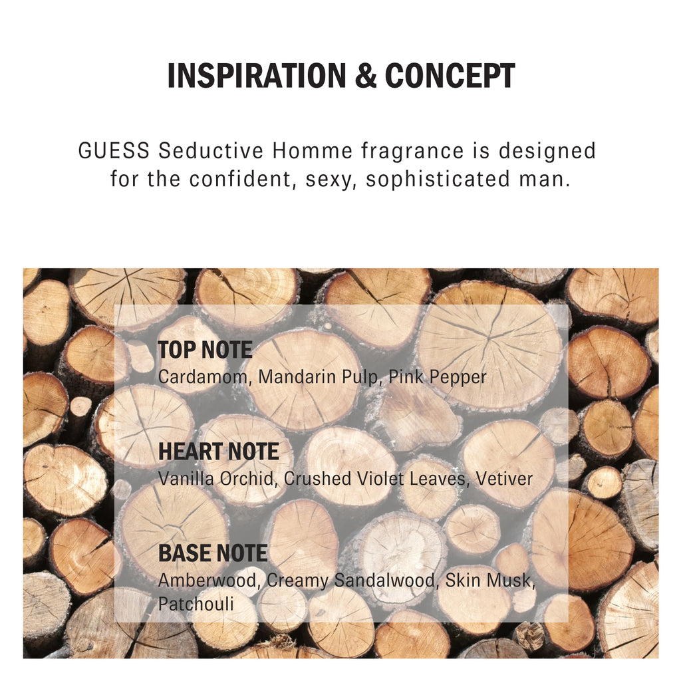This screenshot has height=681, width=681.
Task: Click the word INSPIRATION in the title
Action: [256, 76]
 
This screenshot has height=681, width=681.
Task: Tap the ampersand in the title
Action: [366, 76]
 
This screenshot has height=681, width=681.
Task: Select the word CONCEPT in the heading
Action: [450, 76]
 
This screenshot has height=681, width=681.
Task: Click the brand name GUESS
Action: [114, 151]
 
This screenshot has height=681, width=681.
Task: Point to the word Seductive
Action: [211, 151]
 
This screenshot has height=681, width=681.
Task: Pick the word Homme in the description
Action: [313, 151]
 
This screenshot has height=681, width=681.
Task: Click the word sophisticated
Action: [438, 180]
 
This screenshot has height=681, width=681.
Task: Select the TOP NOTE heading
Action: [205, 350]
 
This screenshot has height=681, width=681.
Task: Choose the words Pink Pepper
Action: [438, 378]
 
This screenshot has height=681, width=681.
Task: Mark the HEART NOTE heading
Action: [218, 452]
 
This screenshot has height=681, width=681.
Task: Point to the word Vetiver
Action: [504, 479]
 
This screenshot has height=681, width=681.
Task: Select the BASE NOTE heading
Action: [213, 553]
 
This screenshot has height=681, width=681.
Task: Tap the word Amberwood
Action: [209, 581]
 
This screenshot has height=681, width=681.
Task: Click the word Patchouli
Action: [196, 604]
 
